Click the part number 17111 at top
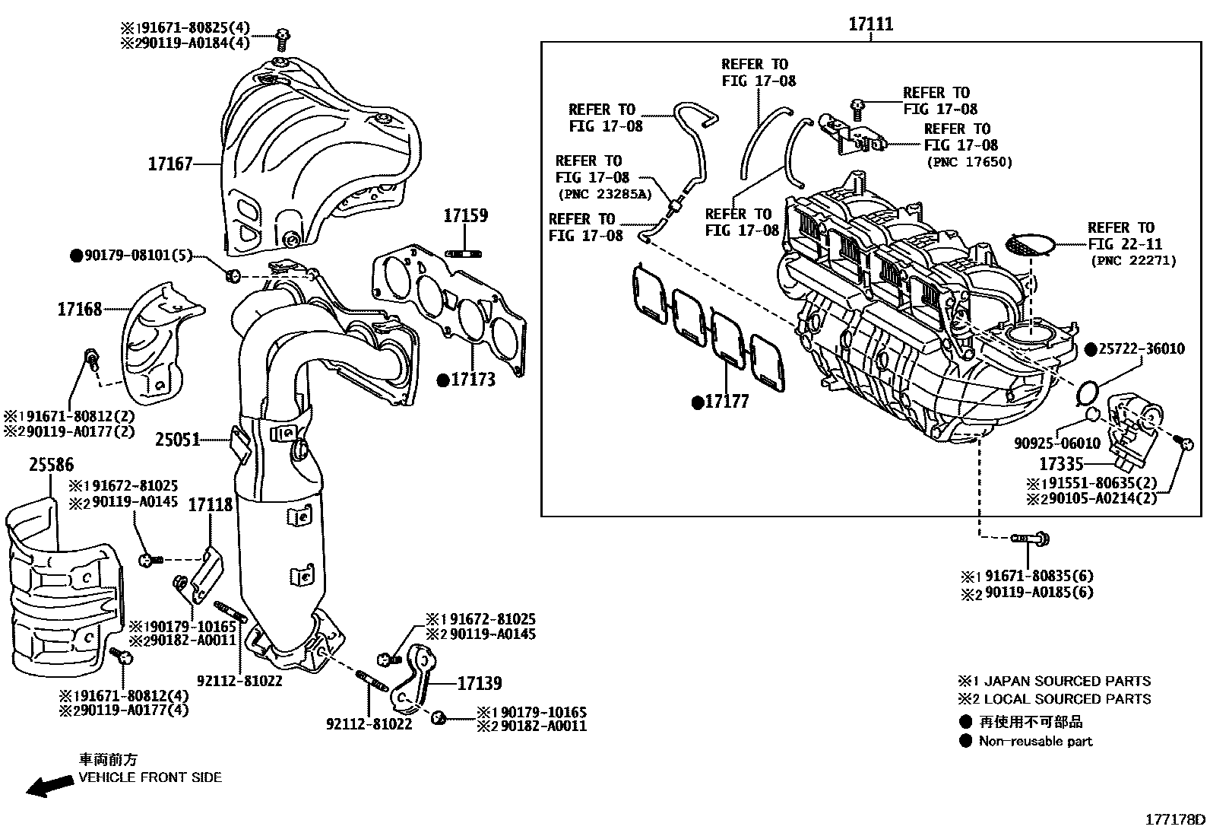(x=870, y=24)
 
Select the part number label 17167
(x=170, y=164)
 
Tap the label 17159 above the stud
(x=466, y=215)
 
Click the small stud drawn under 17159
(x=466, y=253)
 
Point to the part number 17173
(x=473, y=380)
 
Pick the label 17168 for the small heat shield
(x=80, y=310)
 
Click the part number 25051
(x=178, y=439)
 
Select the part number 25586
(x=52, y=465)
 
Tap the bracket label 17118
(x=211, y=504)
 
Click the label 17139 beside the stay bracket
(x=480, y=684)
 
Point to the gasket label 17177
(x=727, y=402)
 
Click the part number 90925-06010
(x=1056, y=443)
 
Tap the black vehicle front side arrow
(x=45, y=788)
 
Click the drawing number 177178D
(x=1175, y=819)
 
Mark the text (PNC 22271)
(x=1133, y=261)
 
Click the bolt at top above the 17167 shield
(x=283, y=35)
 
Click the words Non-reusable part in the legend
(x=1035, y=741)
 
